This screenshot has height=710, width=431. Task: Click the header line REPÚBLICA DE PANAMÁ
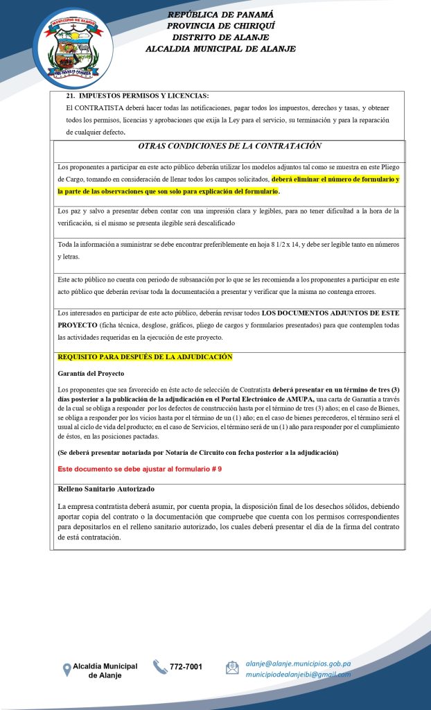[x=220, y=15]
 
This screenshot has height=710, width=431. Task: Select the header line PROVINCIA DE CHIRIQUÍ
[x=220, y=26]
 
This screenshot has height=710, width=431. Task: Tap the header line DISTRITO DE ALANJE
[x=220, y=37]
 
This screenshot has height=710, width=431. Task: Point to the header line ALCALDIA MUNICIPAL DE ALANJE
[x=220, y=49]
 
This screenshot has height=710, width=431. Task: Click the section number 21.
[x=70, y=96]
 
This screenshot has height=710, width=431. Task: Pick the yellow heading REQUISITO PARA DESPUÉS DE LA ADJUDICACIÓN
[x=145, y=356]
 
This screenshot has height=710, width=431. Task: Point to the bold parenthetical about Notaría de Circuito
[x=198, y=453]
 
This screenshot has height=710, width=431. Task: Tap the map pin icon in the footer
[x=67, y=669]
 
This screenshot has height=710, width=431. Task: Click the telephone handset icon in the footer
[x=160, y=667]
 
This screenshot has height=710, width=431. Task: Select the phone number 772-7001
[x=186, y=667]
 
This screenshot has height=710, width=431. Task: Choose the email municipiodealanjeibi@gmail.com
[x=298, y=674]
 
